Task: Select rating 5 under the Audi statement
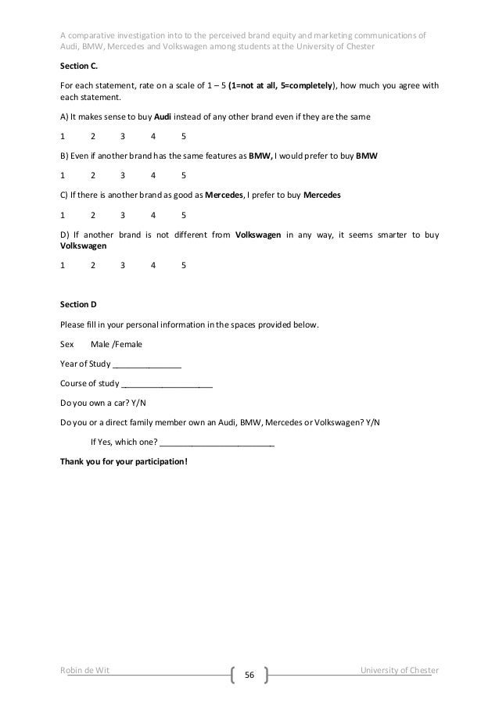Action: [x=183, y=136]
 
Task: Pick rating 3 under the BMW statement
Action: [x=123, y=174]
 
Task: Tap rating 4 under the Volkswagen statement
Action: [x=153, y=265]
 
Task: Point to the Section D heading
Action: [x=78, y=304]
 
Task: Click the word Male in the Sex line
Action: [x=101, y=343]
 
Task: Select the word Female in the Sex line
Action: [x=129, y=343]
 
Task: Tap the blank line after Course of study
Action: [x=167, y=383]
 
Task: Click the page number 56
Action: [x=249, y=674]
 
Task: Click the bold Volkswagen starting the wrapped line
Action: [x=84, y=245]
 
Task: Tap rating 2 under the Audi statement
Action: [x=93, y=136]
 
